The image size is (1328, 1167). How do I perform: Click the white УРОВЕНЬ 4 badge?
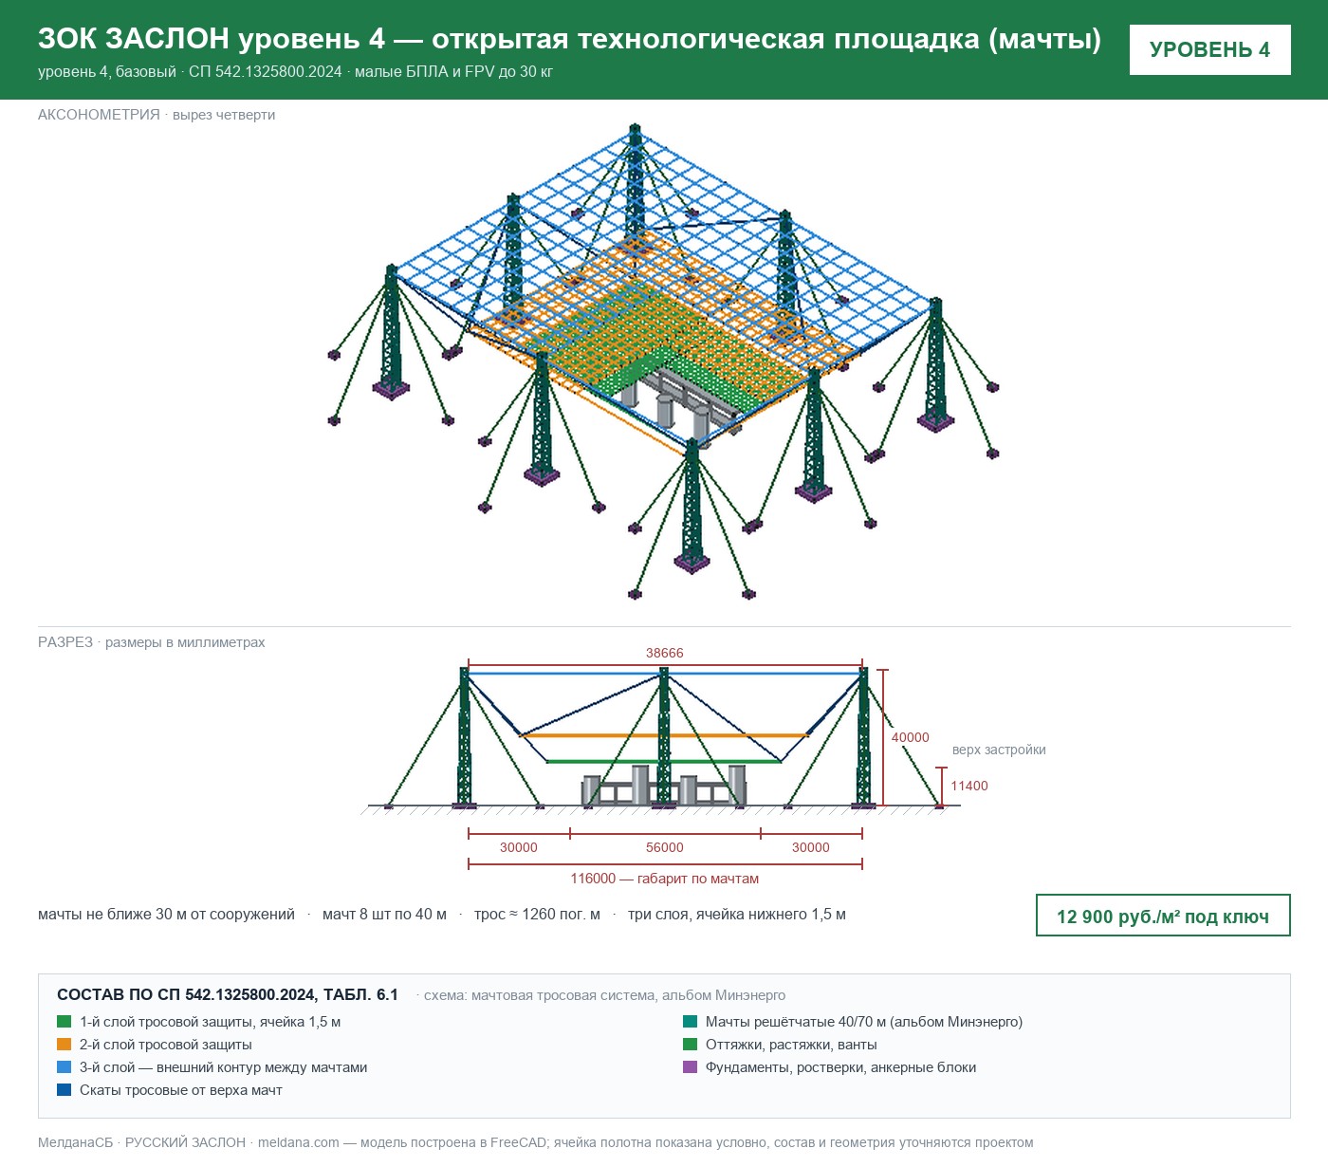[1209, 50]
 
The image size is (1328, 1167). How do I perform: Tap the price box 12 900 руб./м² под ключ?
[1163, 916]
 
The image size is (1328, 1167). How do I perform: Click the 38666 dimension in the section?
[664, 653]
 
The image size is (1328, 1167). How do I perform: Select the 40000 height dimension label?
[910, 737]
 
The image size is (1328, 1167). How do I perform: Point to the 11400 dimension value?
[968, 787]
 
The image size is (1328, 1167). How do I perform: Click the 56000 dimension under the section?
[664, 847]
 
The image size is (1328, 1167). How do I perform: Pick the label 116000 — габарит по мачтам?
[664, 880]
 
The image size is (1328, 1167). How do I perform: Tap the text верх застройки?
[998, 750]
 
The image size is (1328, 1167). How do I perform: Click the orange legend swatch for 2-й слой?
[65, 1045]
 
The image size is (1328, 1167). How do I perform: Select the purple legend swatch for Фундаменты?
[690, 1067]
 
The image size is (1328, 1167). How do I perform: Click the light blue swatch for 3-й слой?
[65, 1067]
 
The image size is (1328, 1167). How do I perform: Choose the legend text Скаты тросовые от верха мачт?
[181, 1090]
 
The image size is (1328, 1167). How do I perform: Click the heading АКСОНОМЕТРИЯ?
[99, 115]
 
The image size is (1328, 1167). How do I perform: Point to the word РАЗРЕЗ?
[65, 642]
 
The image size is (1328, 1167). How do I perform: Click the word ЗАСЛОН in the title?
[167, 39]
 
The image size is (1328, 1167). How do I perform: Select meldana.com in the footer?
[298, 1142]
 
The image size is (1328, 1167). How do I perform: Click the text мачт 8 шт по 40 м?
[384, 915]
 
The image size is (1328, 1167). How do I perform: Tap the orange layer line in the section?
[664, 735]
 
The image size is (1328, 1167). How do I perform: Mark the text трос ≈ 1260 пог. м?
[537, 915]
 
